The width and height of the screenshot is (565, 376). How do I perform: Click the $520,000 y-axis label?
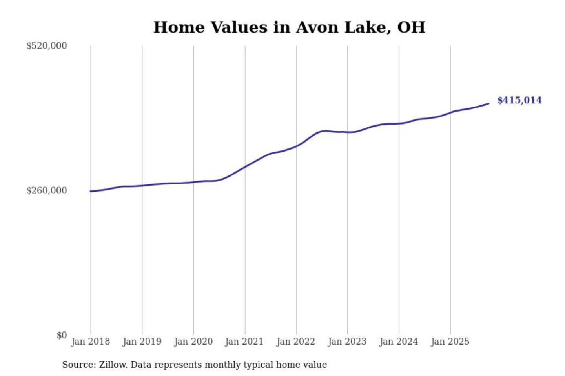(x=46, y=46)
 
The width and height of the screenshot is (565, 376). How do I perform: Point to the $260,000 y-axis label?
(x=46, y=191)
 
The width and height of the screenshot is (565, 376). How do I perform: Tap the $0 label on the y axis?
(x=61, y=335)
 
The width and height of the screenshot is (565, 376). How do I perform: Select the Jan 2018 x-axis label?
(x=90, y=342)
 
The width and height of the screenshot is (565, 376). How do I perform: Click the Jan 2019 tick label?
(x=142, y=342)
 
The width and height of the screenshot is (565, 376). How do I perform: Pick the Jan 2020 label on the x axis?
(x=193, y=342)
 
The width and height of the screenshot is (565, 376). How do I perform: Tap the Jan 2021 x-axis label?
(x=244, y=342)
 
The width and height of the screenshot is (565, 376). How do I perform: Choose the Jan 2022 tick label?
(x=295, y=342)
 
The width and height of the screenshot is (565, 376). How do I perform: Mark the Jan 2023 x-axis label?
(x=347, y=342)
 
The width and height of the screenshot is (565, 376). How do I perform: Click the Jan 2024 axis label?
(x=398, y=342)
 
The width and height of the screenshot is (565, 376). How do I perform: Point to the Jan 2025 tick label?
(x=450, y=342)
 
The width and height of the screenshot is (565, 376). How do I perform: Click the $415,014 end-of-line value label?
(x=519, y=100)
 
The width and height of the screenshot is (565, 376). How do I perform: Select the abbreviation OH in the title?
(x=411, y=27)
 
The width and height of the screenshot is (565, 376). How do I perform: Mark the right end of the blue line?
(x=488, y=103)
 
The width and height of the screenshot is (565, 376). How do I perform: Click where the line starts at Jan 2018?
(x=91, y=191)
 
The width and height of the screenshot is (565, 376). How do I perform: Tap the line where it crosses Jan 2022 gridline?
(x=297, y=146)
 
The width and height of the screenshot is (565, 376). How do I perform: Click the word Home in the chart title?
(x=179, y=27)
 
